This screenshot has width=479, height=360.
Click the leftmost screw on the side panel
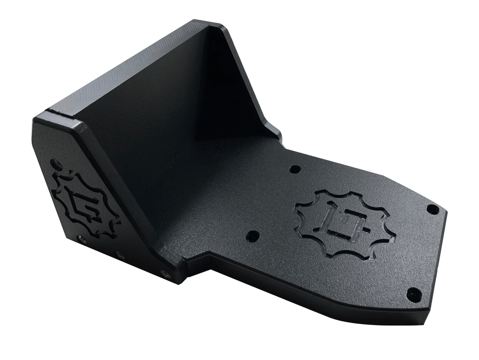coord(79,237)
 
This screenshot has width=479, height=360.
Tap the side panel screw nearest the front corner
coord(166,274)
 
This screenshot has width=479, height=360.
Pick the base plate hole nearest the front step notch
coord(253,236)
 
